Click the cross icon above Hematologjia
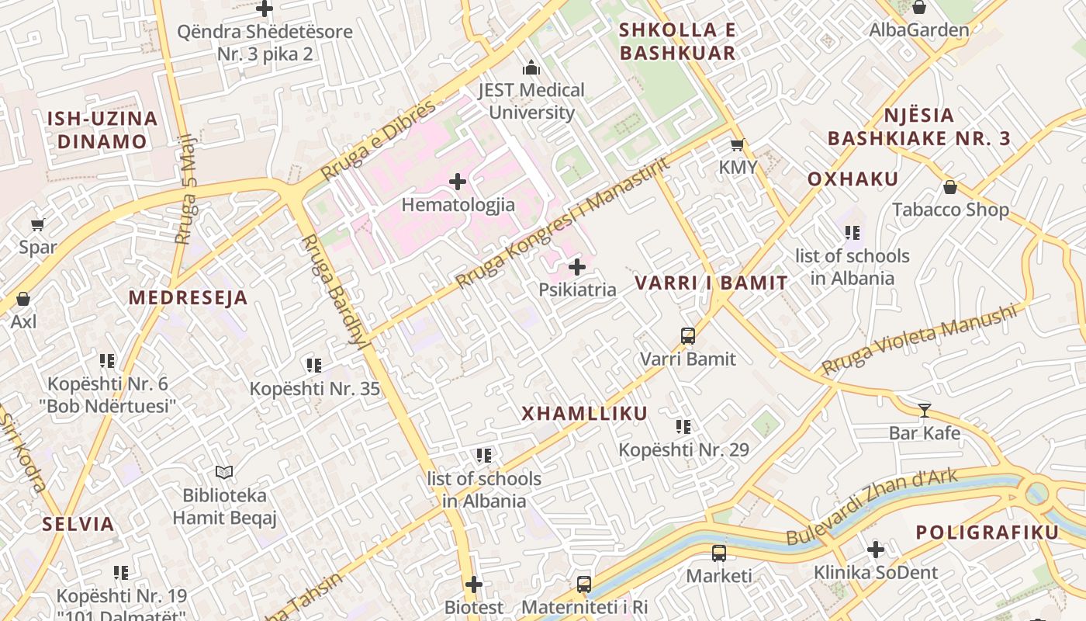458,182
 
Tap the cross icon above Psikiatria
577,267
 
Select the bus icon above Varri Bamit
688,336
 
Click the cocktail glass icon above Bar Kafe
924,410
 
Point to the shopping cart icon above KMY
738,144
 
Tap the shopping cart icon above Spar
37,225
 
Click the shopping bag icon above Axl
23,299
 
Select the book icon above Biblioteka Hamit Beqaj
224,472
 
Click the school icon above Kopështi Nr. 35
314,365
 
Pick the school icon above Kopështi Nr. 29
683,426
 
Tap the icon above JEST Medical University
531,68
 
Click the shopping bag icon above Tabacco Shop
950,187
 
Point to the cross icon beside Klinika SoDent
876,550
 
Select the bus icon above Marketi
719,553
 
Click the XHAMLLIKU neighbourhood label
584,414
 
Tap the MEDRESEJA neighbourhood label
188,297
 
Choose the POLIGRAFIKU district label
987,533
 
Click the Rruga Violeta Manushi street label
919,338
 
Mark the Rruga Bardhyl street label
334,290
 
